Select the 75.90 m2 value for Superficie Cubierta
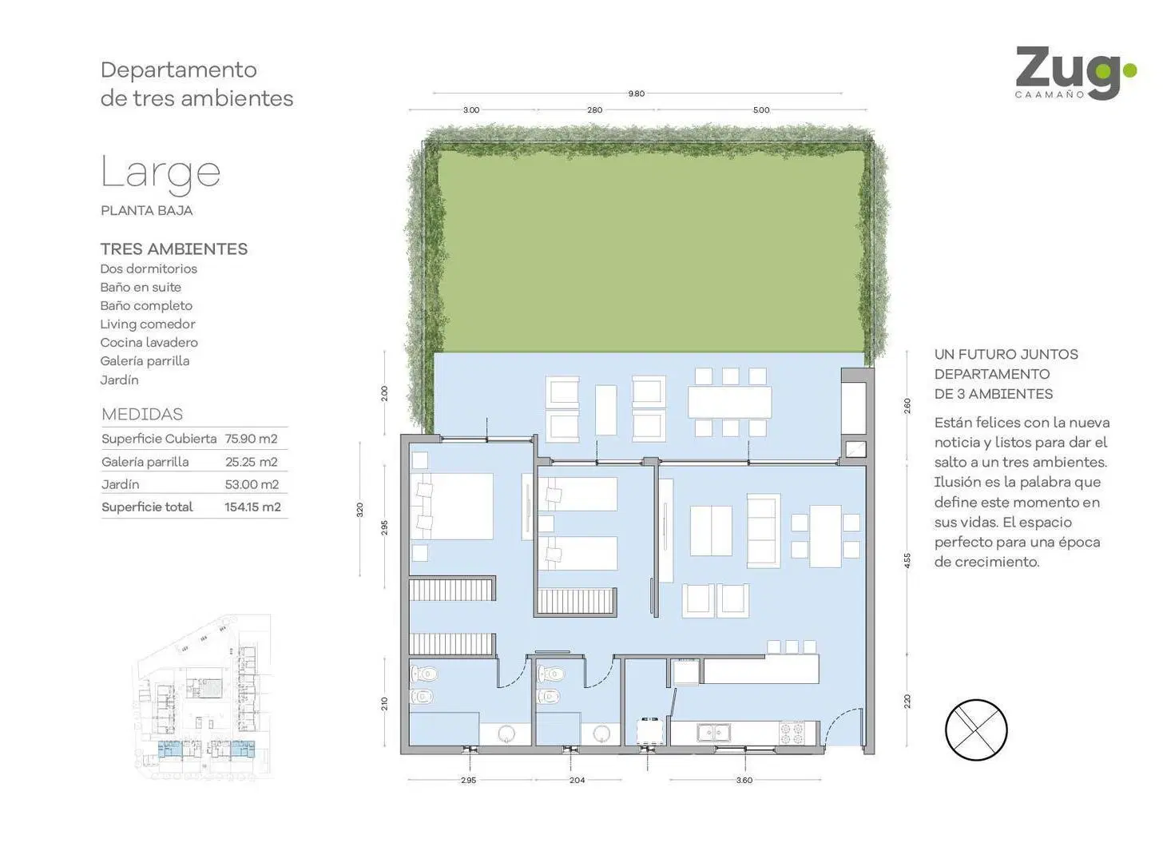point(251,439)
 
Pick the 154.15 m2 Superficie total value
point(252,507)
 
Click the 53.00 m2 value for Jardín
point(252,485)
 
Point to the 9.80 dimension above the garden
point(637,93)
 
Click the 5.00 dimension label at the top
point(762,110)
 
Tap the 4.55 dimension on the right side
point(907,561)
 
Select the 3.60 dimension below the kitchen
point(744,781)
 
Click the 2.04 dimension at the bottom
point(578,781)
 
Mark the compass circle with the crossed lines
point(976,730)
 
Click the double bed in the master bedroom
point(451,506)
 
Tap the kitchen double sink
point(714,733)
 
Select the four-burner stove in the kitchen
point(792,732)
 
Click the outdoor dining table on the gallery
point(729,402)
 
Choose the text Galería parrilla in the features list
point(145,361)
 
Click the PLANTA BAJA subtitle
point(147,211)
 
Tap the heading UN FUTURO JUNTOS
point(1006,355)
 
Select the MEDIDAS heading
point(142,415)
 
